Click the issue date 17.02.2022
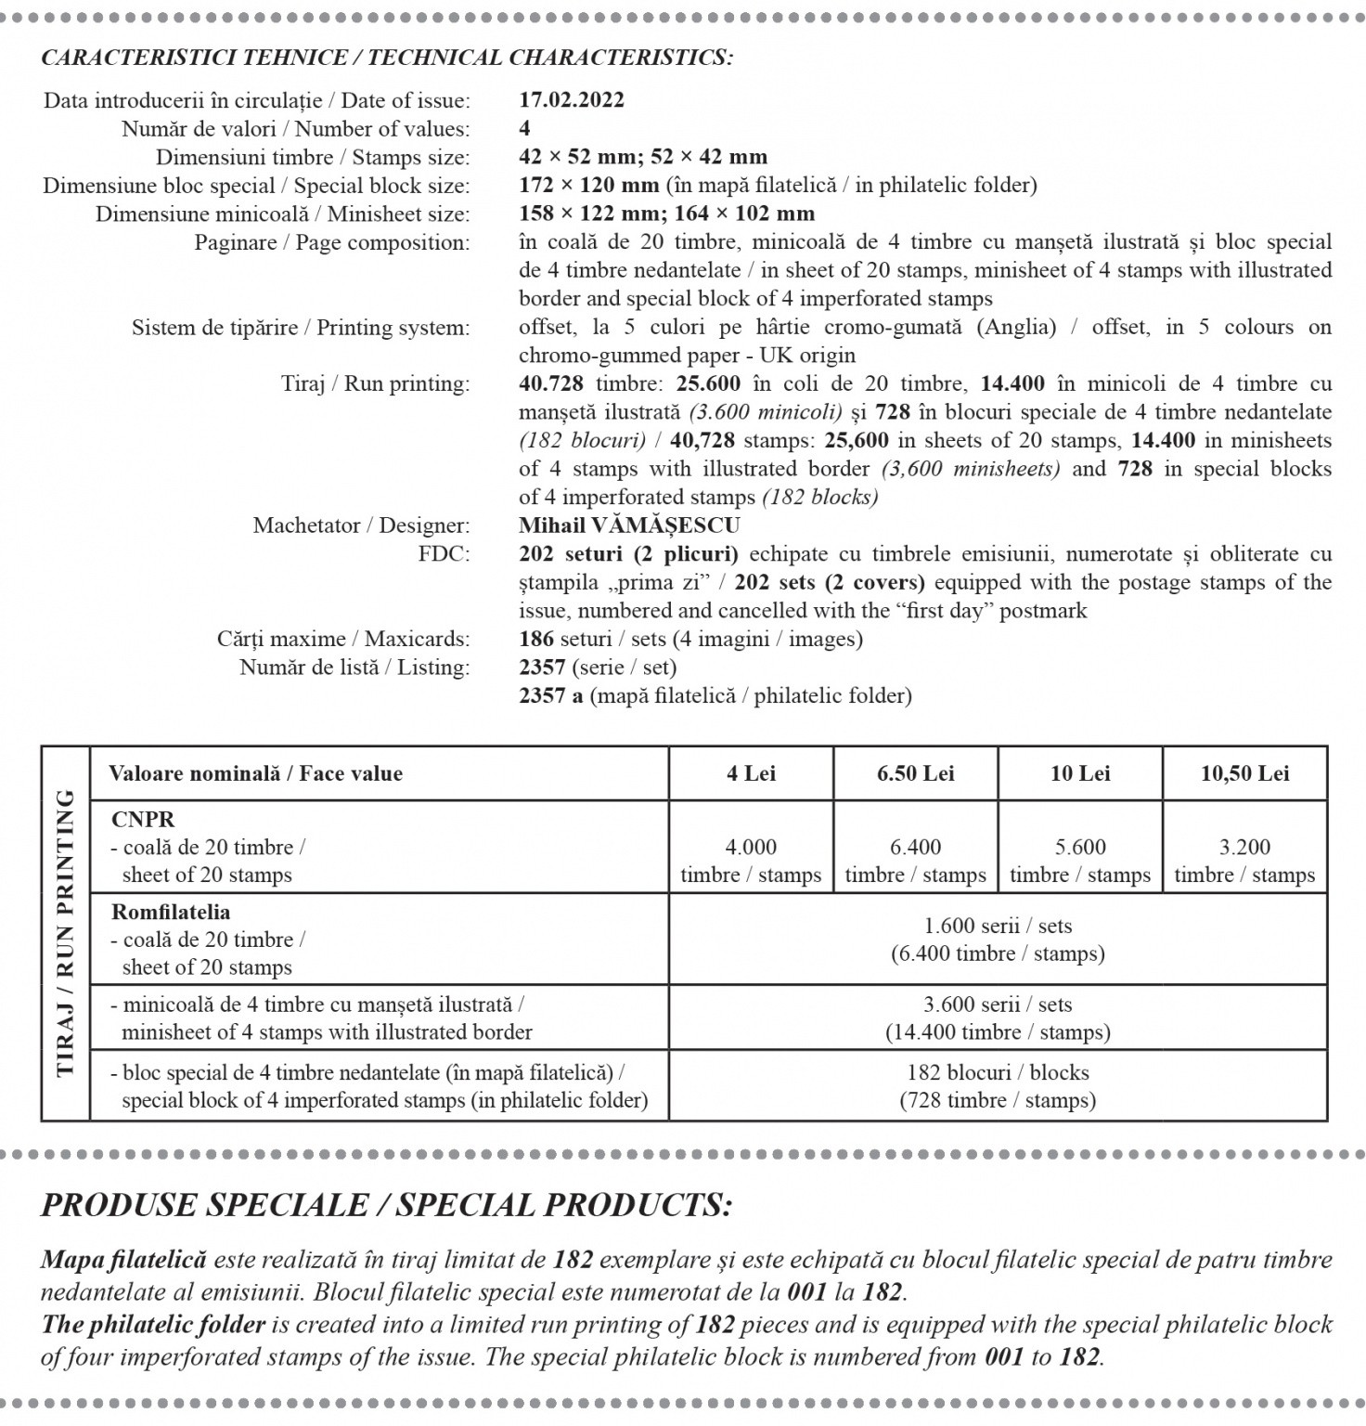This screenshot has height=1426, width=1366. [x=571, y=100]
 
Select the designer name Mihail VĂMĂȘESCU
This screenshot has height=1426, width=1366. [x=629, y=525]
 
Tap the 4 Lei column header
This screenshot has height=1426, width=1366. [x=751, y=773]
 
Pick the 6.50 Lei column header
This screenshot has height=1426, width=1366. [x=915, y=773]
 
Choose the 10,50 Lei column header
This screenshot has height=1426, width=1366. [x=1244, y=773]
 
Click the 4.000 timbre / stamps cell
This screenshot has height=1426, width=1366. [x=751, y=861]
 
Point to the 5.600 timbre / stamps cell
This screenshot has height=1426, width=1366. [x=1080, y=861]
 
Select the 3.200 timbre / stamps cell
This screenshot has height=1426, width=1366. [x=1244, y=861]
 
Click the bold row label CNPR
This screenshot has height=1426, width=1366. [x=143, y=820]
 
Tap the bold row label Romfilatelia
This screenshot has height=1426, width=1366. [x=171, y=912]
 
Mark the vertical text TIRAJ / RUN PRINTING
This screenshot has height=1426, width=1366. [x=65, y=932]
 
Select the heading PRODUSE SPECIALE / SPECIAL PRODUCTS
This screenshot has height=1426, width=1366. [x=387, y=1205]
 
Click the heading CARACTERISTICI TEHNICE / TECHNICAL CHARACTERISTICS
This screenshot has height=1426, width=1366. [x=387, y=58]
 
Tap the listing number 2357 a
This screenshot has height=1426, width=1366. [x=550, y=695]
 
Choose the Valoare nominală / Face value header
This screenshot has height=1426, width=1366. [x=255, y=773]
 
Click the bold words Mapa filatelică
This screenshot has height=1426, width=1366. [x=123, y=1260]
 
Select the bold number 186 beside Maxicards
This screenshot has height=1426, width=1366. [x=536, y=639]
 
